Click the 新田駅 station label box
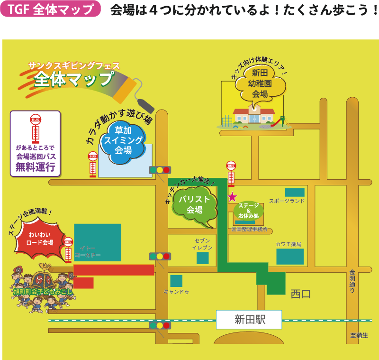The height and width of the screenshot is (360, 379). coord(249,320)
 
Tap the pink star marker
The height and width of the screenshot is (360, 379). coord(232,197)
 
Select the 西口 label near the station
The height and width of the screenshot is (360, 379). coord(300,294)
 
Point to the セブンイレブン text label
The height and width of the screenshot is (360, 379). coord(202,244)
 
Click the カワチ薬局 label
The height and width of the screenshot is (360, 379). coord(289,244)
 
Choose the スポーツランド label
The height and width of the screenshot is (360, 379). coord(287,201)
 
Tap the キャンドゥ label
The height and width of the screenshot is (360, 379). coord(176,292)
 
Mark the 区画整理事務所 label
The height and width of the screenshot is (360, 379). coord(249,229)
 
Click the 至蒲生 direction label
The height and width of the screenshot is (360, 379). coord(359,335)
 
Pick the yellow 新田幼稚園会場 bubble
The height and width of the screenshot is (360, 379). coord(260,83)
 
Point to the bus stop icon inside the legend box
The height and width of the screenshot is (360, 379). coord(35,129)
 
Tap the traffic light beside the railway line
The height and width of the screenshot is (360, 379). coord(160,325)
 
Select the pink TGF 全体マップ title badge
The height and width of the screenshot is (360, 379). coord(51,10)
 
